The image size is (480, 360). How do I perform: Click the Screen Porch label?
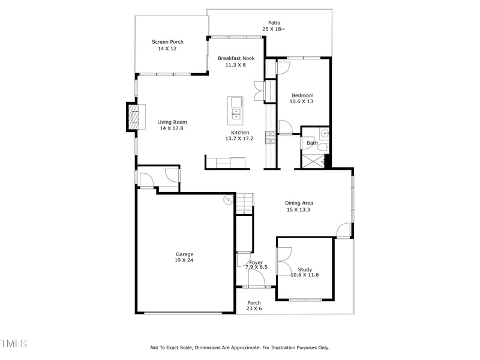pyautogui.click(x=167, y=42)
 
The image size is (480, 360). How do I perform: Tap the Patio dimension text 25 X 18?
pyautogui.click(x=274, y=29)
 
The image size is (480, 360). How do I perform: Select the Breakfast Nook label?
pyautogui.click(x=236, y=58)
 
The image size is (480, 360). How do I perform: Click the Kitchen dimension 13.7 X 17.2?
pyautogui.click(x=239, y=139)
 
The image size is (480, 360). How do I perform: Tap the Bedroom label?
pyautogui.click(x=302, y=95)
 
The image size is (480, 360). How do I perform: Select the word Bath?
pyautogui.click(x=312, y=143)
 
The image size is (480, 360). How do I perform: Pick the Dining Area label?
pyautogui.click(x=299, y=203)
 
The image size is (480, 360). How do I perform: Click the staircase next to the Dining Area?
pyautogui.click(x=245, y=204)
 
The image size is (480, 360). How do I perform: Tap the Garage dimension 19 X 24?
pyautogui.click(x=184, y=260)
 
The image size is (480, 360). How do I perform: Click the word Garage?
pyautogui.click(x=184, y=254)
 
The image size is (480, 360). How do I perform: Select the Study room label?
pyautogui.click(x=305, y=269)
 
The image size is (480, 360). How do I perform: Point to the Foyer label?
pyautogui.click(x=256, y=262)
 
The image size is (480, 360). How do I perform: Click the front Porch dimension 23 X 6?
pyautogui.click(x=254, y=308)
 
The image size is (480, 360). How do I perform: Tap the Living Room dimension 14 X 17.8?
pyautogui.click(x=171, y=128)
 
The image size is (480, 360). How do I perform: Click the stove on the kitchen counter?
pyautogui.click(x=271, y=138)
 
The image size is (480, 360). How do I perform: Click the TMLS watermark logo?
pyautogui.click(x=13, y=344)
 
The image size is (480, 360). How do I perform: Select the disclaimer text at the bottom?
pyautogui.click(x=239, y=347)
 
